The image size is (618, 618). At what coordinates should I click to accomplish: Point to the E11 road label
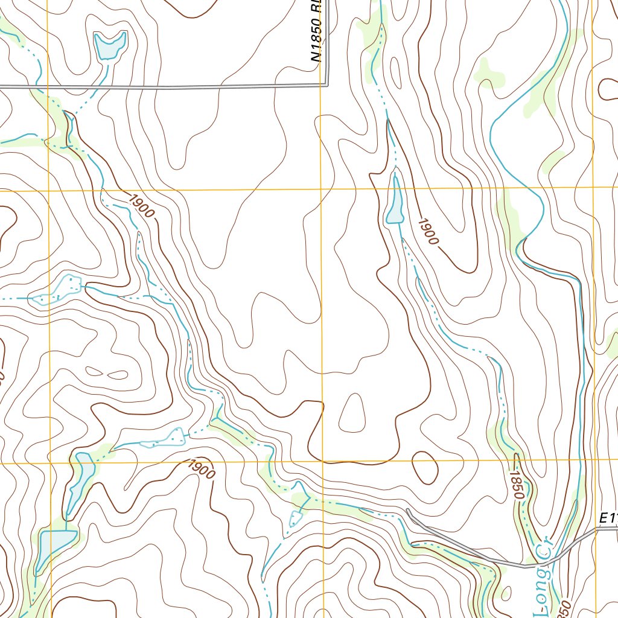click(x=608, y=518)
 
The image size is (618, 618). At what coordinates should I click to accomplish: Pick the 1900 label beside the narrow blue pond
click(x=427, y=231)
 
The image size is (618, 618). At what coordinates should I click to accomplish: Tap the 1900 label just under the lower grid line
click(x=201, y=469)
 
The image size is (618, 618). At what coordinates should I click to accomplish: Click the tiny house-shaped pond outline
click(x=296, y=517)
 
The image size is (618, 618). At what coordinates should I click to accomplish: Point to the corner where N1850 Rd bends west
click(x=328, y=84)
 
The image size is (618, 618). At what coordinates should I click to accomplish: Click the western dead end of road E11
click(x=408, y=511)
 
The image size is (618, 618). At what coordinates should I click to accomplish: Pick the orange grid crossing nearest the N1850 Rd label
click(x=320, y=190)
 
